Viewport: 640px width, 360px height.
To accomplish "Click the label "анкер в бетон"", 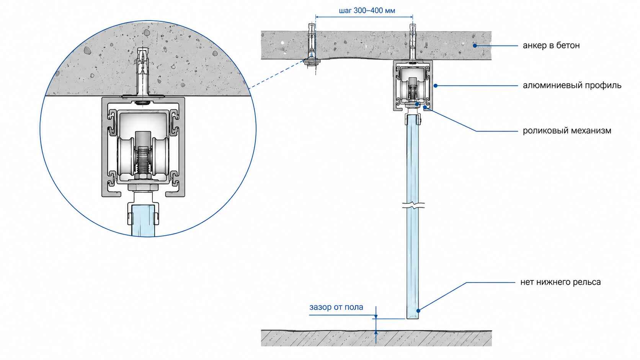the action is click(x=551, y=46).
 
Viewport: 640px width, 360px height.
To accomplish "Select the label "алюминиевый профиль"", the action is click(x=572, y=85).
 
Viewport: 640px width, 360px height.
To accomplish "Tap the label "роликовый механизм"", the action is click(x=567, y=131).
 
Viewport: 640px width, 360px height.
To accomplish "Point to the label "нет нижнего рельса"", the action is click(x=560, y=282).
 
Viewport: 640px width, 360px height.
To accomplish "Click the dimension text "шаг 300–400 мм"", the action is click(x=367, y=11).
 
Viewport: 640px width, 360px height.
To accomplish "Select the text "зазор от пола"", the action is click(x=336, y=307).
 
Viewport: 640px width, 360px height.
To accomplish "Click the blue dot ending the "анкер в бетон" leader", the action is click(x=475, y=46).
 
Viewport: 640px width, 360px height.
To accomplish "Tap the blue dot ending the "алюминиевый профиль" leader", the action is click(x=436, y=85).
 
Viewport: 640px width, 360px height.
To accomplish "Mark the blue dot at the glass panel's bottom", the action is click(x=418, y=311).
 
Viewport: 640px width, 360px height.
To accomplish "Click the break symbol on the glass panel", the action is click(x=413, y=205).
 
